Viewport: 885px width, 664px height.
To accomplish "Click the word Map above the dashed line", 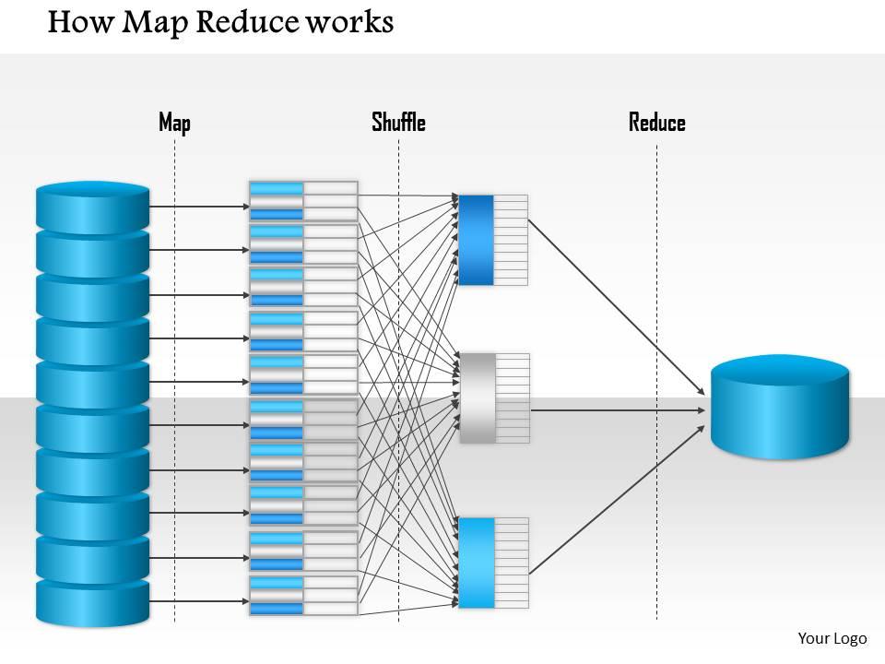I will coord(174,123).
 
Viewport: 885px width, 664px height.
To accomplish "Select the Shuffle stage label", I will coord(398,123).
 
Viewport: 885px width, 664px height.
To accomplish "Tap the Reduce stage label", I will coord(656,123).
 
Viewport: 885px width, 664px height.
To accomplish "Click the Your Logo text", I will coord(832,638).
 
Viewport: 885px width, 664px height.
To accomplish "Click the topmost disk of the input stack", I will coord(92,206).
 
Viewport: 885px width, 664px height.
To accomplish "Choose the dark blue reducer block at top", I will coord(477,240).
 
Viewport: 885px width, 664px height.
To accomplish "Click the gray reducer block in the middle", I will coord(478,398).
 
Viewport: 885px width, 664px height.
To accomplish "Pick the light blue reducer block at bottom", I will coord(477,563).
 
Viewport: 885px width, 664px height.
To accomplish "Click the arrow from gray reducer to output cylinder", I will coord(618,409).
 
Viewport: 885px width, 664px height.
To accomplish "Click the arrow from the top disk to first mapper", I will coord(198,206).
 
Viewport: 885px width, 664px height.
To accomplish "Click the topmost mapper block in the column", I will coord(303,201).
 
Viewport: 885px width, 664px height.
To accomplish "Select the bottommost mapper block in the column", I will coord(303,596).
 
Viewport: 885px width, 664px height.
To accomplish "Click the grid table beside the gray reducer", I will coord(513,398).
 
